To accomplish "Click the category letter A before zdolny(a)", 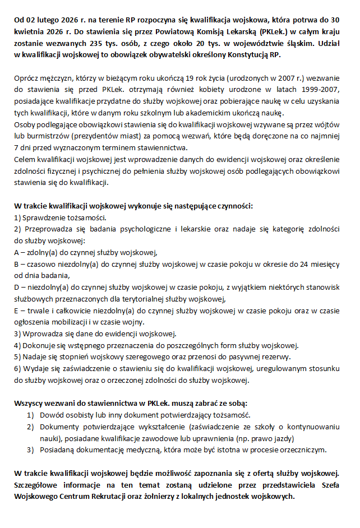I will coord(17,251).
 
